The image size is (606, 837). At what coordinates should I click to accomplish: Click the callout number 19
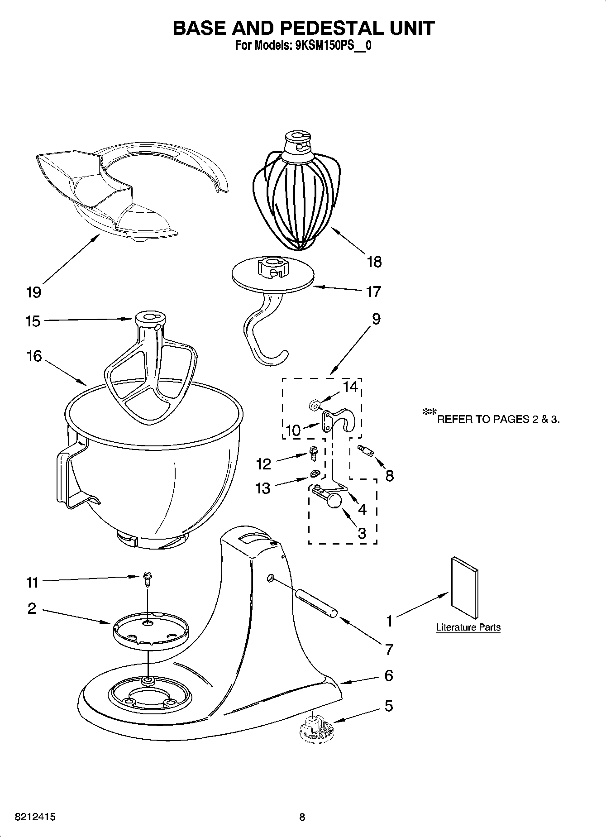coord(33,292)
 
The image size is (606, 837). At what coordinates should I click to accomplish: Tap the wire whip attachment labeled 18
coord(296,199)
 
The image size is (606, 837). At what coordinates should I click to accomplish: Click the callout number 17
coord(373,292)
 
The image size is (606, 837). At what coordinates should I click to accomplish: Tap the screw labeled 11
coord(147,578)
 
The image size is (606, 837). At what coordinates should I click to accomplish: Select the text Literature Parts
coord(468,627)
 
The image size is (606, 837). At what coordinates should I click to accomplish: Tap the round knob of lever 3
coord(334,501)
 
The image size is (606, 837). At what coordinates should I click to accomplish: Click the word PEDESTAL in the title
coord(332,28)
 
